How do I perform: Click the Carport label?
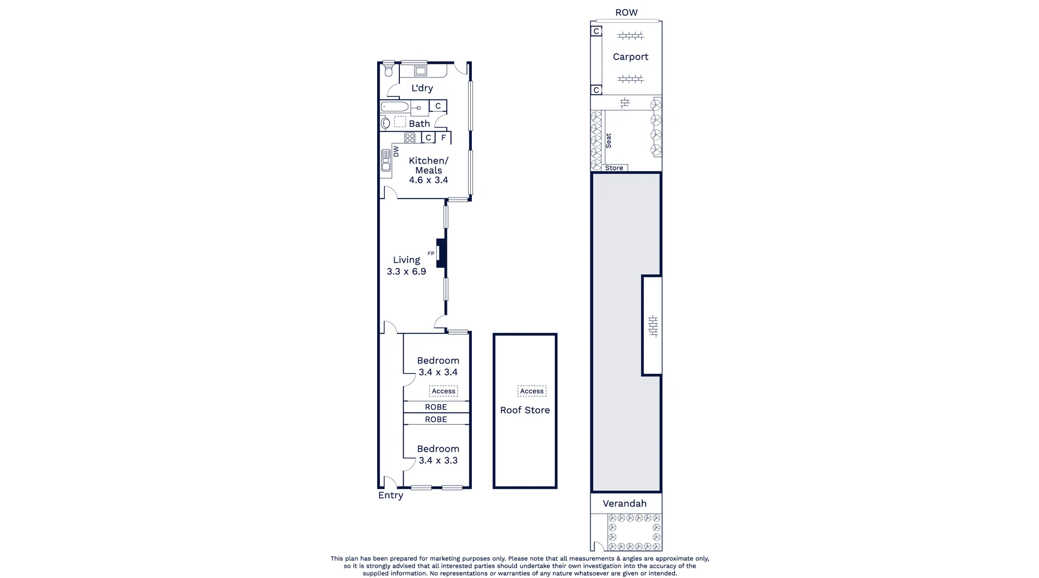click(x=630, y=57)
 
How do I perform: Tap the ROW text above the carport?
click(x=626, y=12)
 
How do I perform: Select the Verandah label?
click(x=624, y=503)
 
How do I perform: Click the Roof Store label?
click(x=524, y=410)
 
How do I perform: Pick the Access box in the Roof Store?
click(x=531, y=391)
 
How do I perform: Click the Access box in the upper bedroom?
click(x=443, y=391)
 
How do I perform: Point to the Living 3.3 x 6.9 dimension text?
click(x=406, y=272)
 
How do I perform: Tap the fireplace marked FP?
click(x=440, y=253)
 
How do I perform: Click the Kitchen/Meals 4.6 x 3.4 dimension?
click(x=428, y=180)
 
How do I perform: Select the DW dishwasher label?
click(x=396, y=152)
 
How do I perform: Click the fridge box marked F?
click(x=444, y=138)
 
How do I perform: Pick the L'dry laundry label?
click(x=422, y=88)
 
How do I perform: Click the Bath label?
click(x=419, y=124)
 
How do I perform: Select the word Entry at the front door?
click(x=391, y=495)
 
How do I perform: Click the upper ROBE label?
click(x=436, y=407)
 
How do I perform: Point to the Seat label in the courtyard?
click(x=609, y=141)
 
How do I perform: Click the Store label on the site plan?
click(x=614, y=168)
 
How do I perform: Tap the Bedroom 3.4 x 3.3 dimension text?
click(x=438, y=461)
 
